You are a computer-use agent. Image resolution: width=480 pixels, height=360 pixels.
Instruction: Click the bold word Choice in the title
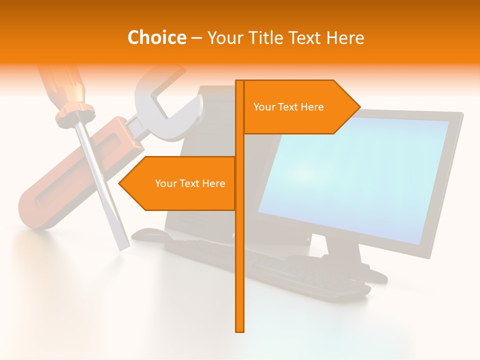pyautogui.click(x=156, y=37)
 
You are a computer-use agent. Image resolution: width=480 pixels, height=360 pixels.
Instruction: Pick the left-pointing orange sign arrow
pyautogui.click(x=180, y=183)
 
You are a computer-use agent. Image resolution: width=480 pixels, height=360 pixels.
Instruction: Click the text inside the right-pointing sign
pyautogui.click(x=288, y=107)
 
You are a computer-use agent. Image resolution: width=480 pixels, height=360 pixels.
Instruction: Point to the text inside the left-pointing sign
pyautogui.click(x=190, y=183)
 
